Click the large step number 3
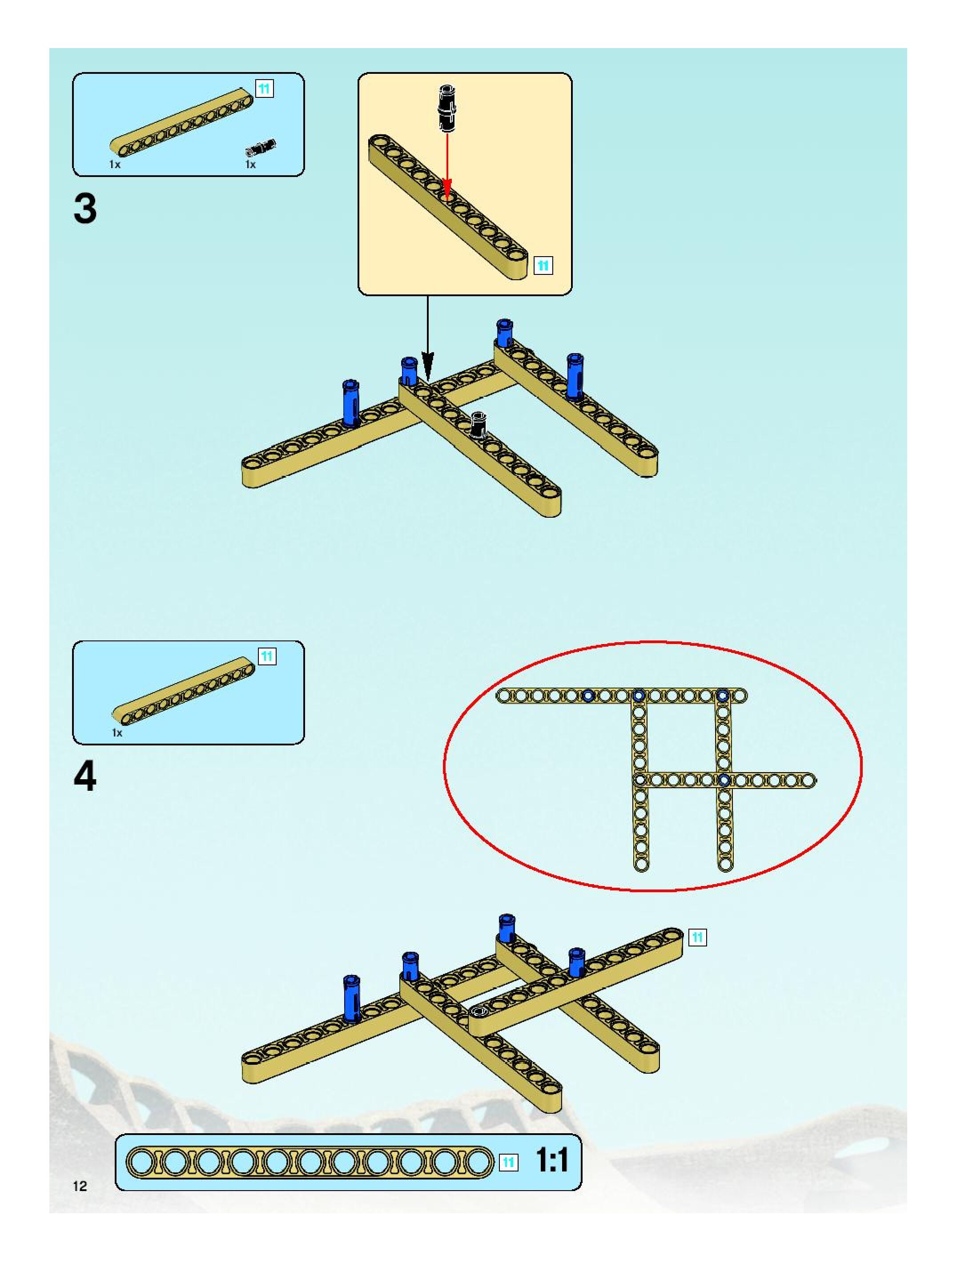[x=85, y=209]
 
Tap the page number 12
[x=80, y=1186]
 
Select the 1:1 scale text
[x=551, y=1160]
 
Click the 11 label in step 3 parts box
[x=264, y=89]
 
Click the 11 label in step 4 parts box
[x=267, y=656]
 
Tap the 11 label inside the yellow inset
[x=543, y=266]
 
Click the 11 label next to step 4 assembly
[x=697, y=937]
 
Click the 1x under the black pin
[x=250, y=165]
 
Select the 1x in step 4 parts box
[x=117, y=733]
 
